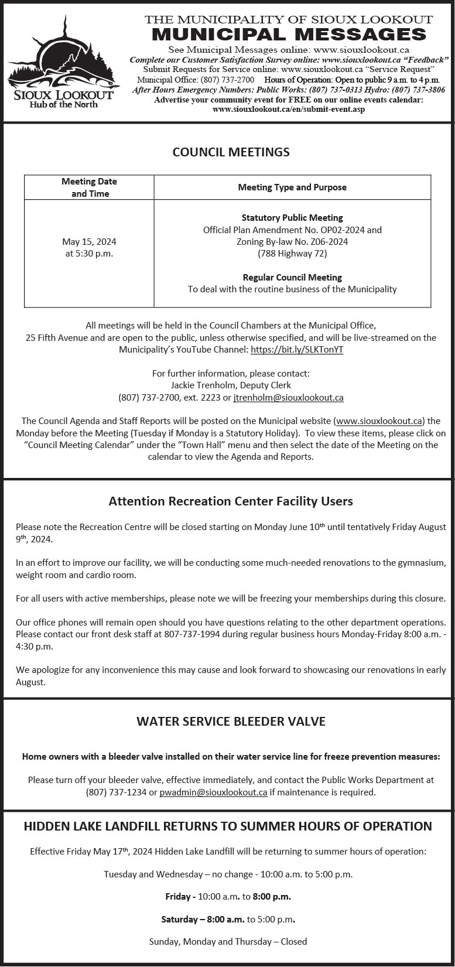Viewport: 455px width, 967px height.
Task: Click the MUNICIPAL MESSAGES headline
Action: click(289, 34)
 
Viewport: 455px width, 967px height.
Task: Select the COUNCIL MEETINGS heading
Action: click(231, 152)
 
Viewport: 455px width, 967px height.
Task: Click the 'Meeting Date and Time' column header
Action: click(90, 187)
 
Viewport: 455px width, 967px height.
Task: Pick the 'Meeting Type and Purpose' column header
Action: click(292, 187)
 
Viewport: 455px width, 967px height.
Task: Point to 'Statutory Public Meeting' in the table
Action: click(292, 218)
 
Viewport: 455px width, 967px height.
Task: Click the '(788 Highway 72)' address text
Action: click(292, 254)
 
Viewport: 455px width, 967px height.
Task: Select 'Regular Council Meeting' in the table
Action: click(292, 278)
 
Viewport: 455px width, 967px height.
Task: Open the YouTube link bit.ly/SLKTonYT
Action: click(297, 350)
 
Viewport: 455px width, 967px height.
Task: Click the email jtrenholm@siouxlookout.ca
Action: click(288, 398)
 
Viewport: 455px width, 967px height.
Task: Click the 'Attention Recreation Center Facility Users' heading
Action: click(231, 501)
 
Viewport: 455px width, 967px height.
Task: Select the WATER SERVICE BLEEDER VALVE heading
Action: click(231, 722)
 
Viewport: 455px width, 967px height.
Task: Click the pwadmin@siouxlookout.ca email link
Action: click(213, 792)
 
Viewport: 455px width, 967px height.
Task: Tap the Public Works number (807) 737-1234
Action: click(121, 792)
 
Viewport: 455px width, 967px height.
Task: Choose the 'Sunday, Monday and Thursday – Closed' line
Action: click(228, 942)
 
